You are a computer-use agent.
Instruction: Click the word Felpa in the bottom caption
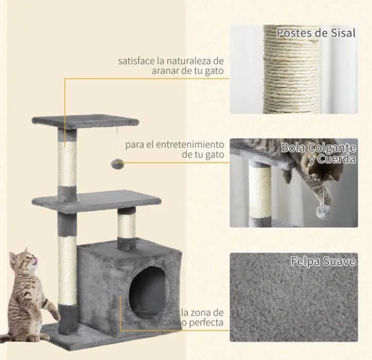(304, 262)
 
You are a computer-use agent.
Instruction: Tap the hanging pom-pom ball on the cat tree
(117, 164)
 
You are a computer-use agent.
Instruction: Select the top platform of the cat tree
(85, 122)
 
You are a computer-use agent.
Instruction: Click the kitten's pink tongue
(36, 262)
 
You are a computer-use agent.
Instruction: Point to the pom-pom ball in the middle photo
(323, 212)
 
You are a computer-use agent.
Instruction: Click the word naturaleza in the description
(189, 61)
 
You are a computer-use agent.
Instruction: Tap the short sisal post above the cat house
(127, 227)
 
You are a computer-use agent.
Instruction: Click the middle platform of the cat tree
(97, 200)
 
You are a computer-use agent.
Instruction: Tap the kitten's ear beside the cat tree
(26, 251)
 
